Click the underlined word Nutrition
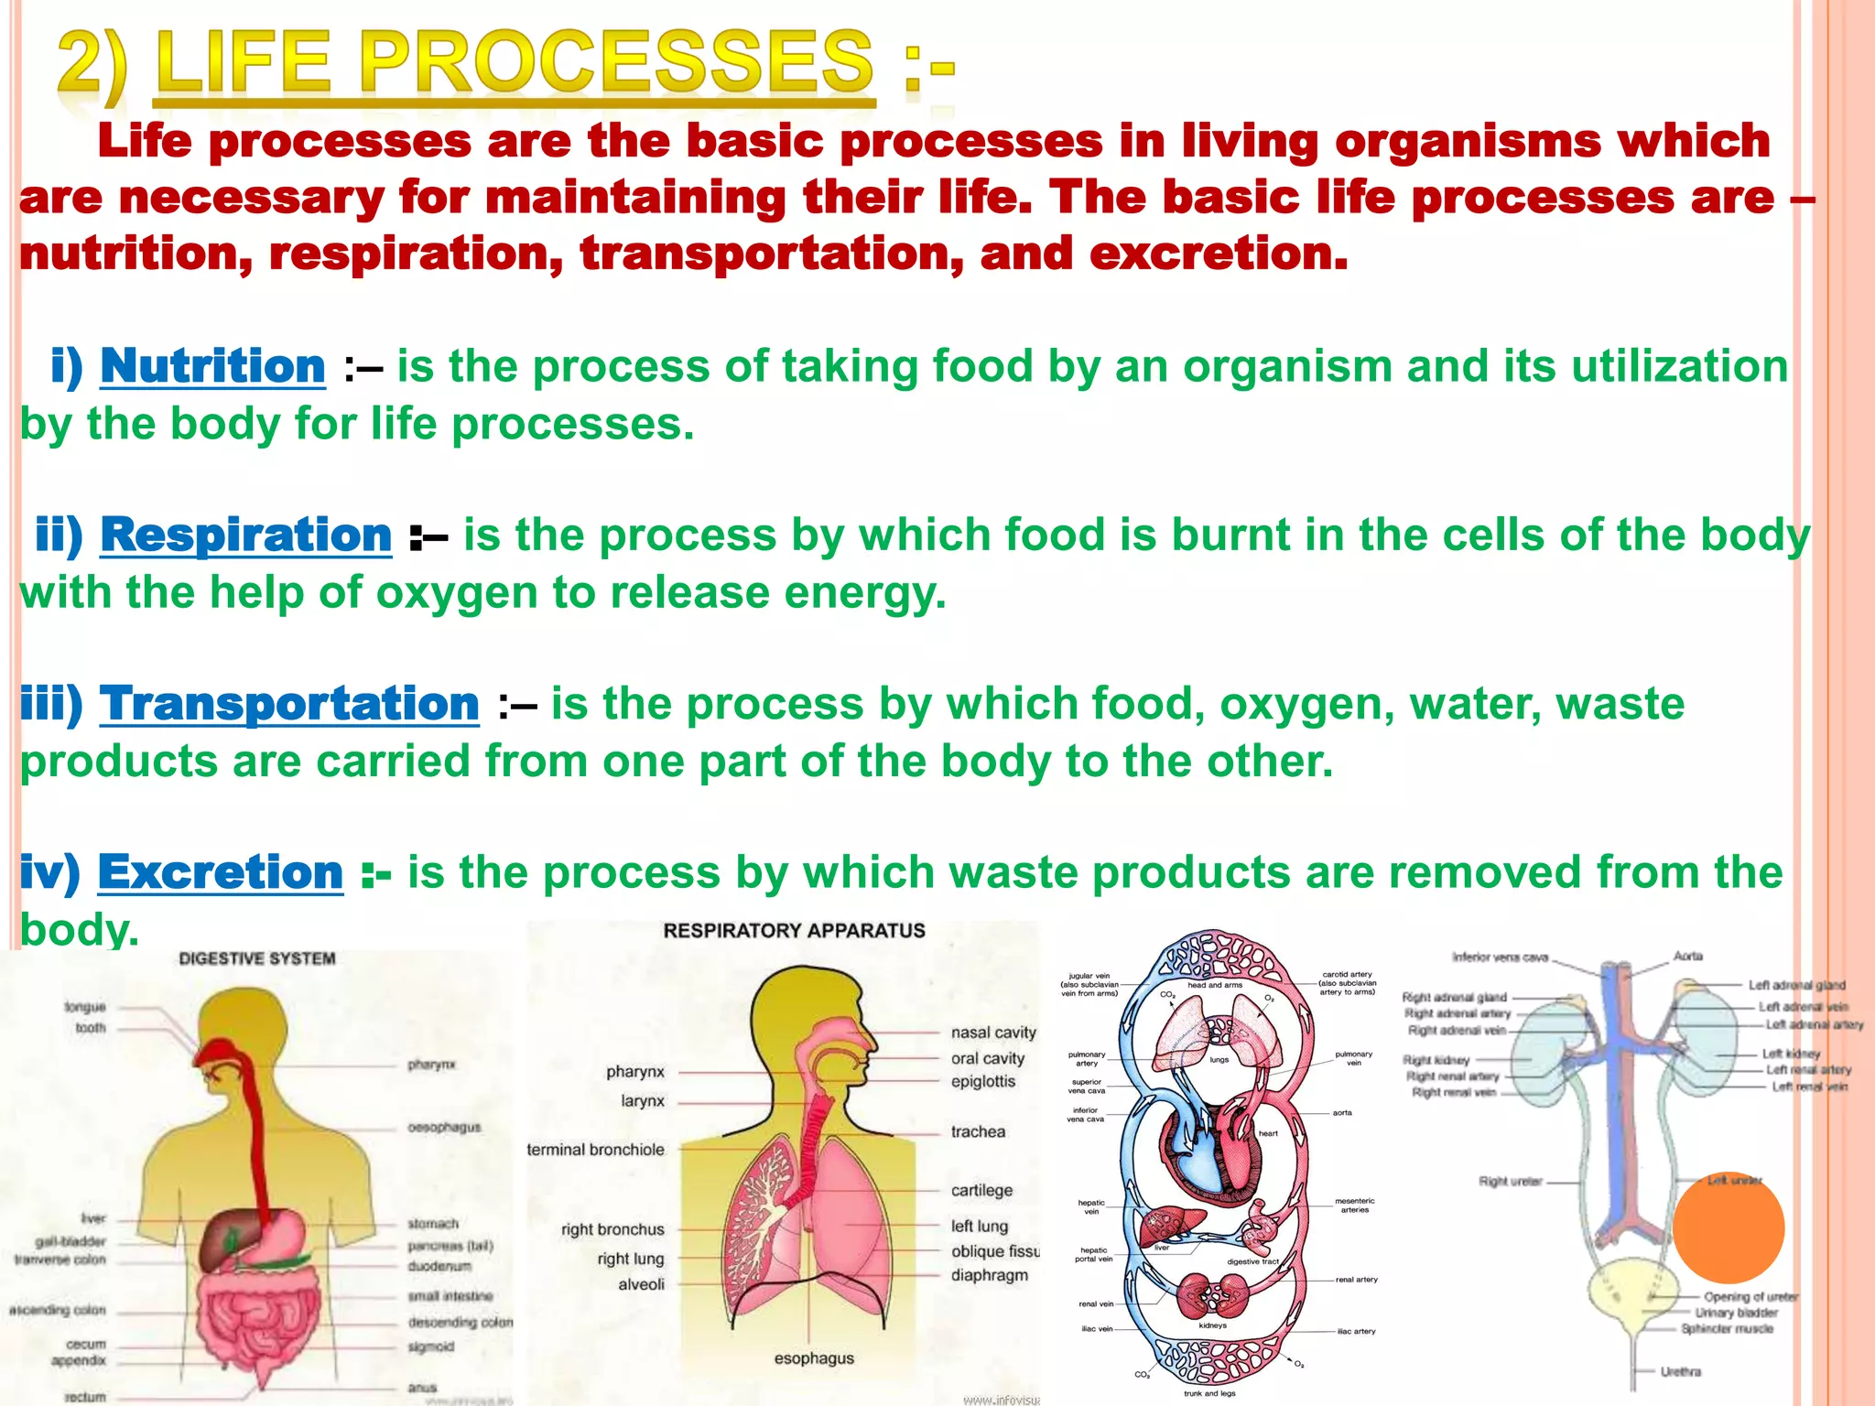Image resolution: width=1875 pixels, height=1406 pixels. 212,366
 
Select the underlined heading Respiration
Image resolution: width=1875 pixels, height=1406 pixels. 245,535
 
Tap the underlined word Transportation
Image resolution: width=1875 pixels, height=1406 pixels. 289,704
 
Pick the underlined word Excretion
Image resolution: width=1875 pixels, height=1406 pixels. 220,872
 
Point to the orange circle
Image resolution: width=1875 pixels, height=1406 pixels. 1728,1228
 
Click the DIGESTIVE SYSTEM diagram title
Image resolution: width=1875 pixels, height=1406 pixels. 257,958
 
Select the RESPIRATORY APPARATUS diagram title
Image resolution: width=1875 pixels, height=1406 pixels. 794,931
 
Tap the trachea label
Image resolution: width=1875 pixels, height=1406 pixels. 978,1131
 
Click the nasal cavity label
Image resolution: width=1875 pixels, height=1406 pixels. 993,1033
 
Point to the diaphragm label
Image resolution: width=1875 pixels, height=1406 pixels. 989,1275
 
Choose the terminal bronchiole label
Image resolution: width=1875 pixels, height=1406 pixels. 595,1150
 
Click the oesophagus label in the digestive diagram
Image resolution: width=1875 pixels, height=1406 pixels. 444,1128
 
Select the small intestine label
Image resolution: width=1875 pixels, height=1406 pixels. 450,1296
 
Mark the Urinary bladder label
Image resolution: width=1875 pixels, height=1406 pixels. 1736,1313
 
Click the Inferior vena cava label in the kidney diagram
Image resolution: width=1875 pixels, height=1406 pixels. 1500,957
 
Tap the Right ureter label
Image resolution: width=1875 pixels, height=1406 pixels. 1510,1182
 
